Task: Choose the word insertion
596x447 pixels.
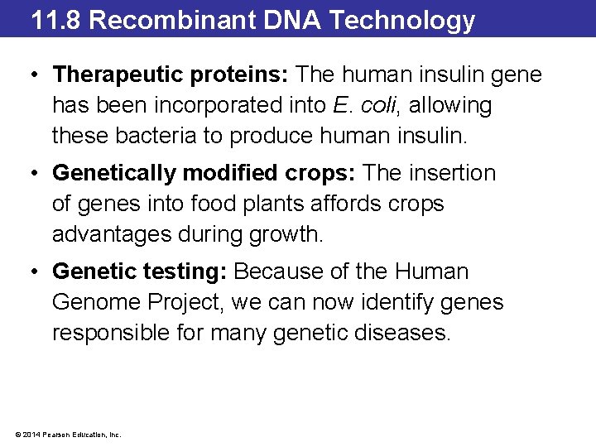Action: (x=451, y=174)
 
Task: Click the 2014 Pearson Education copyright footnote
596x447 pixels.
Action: (x=65, y=434)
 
